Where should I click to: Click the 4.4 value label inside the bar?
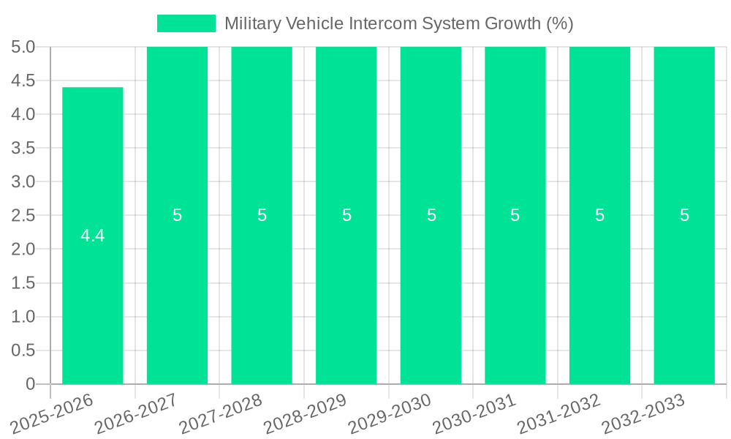coord(93,236)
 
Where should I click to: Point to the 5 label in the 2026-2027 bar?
coord(178,215)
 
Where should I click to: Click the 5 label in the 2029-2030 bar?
coord(431,215)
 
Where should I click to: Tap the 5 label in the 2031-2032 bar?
coord(600,215)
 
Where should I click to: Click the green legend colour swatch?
coord(186,23)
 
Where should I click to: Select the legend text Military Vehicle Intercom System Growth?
coord(398,23)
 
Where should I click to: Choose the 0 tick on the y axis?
coord(30,384)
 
